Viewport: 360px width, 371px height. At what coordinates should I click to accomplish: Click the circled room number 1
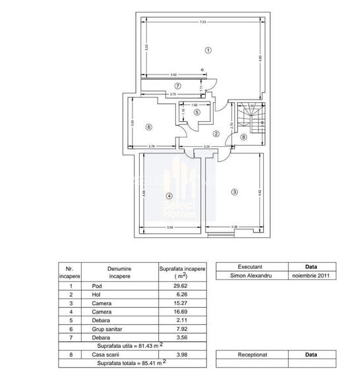(208, 49)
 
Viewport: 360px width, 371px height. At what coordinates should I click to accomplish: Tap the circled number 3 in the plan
(233, 192)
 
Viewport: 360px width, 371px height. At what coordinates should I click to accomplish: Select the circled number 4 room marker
(169, 196)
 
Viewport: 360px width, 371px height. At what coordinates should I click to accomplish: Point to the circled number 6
(149, 127)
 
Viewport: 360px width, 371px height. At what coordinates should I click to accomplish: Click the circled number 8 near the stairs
(243, 137)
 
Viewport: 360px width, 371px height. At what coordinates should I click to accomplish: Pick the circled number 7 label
(177, 86)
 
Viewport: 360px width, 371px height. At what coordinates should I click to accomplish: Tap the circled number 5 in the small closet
(196, 113)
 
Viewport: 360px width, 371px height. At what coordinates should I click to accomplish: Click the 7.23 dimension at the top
(203, 22)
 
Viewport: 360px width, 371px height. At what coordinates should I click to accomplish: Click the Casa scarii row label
(103, 355)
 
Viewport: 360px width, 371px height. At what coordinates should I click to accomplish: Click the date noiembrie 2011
(311, 275)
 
